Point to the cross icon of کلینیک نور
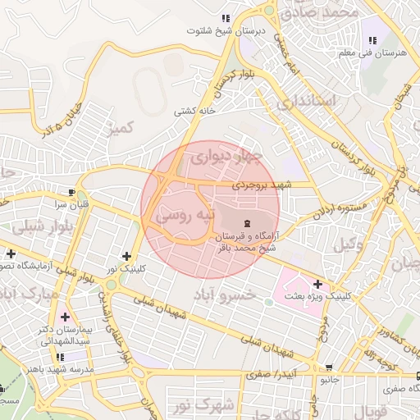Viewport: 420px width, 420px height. point(126,256)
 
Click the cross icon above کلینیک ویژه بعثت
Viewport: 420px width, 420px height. point(317,284)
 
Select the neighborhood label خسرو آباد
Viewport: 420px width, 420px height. point(223,294)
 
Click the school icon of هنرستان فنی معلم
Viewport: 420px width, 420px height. point(372,40)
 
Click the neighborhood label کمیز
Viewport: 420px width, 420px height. point(121,127)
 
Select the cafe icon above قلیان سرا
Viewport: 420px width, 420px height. point(73,190)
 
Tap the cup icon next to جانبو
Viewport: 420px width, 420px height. point(329,368)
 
